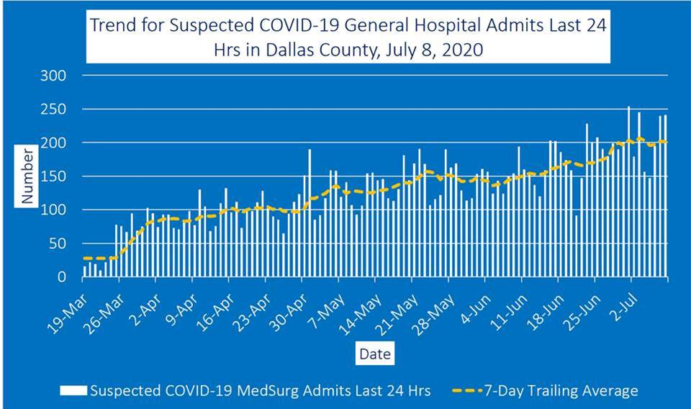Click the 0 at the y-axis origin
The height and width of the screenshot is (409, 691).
(x=63, y=277)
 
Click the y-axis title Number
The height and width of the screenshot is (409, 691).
(x=27, y=176)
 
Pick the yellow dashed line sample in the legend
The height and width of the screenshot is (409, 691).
(x=471, y=391)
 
